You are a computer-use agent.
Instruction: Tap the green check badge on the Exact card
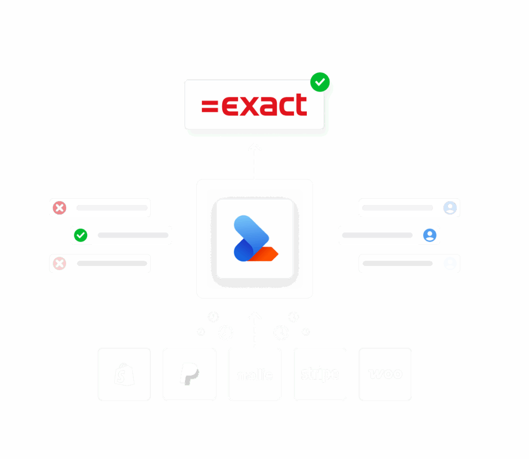(x=320, y=82)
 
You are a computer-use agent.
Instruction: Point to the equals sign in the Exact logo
(x=210, y=106)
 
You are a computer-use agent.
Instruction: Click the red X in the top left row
(x=60, y=208)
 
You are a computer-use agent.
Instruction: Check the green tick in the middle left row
(x=81, y=235)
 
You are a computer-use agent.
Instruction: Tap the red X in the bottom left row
(x=60, y=263)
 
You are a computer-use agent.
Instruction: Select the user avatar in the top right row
(x=450, y=208)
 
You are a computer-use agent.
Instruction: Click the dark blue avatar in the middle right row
(x=430, y=235)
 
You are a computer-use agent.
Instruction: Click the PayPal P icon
(x=189, y=374)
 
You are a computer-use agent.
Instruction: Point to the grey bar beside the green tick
(x=133, y=235)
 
